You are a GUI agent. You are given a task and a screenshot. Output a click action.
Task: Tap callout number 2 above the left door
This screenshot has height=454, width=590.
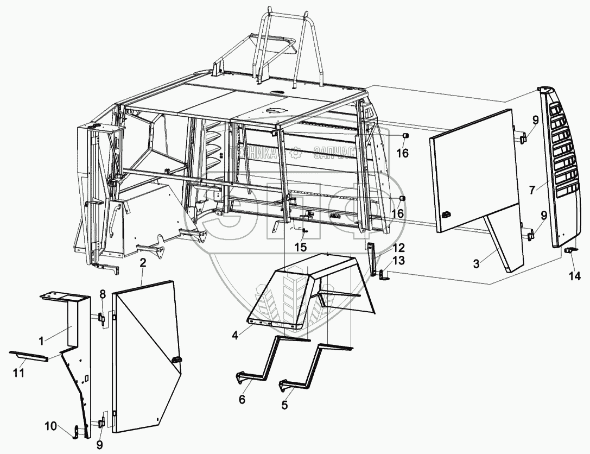[143, 263]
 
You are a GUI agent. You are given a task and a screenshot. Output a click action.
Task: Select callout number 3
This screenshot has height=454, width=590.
[476, 264]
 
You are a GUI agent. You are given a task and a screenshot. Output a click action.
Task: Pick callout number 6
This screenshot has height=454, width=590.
[242, 400]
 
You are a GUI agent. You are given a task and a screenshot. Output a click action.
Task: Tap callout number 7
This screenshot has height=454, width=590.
[533, 190]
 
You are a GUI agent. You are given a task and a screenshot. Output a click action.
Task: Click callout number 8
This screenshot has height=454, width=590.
[103, 295]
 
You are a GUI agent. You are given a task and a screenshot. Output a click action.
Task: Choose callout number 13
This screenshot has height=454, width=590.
[399, 261]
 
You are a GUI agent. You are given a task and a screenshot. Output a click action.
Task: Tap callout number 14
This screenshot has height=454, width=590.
[574, 276]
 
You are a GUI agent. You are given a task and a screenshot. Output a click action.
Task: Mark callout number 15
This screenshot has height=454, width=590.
[300, 247]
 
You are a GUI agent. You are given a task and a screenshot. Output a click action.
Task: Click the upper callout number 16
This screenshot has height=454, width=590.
[402, 153]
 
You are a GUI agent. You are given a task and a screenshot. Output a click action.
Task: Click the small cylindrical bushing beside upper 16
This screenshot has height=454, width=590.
[405, 136]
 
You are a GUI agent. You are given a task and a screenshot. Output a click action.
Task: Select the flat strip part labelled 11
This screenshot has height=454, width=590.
[29, 355]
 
